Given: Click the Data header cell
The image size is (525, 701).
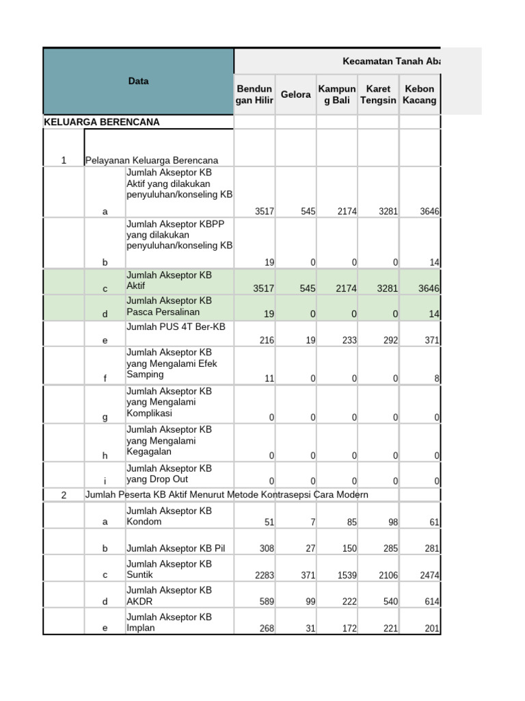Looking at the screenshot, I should tap(138, 81).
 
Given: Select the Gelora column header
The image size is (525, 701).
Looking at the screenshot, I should tap(295, 94).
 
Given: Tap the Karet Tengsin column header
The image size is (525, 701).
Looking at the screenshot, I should tap(378, 94).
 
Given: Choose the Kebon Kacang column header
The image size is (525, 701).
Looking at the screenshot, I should tap(420, 94).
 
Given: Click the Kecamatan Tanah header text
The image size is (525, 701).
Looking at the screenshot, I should tap(390, 61).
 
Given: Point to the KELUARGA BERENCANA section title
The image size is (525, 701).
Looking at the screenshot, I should tap(101, 122).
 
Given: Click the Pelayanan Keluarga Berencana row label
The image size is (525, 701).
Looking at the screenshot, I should tap(152, 160).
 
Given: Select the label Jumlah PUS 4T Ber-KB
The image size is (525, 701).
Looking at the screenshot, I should tap(176, 327).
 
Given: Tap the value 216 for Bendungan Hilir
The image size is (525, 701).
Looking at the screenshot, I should tap(264, 340).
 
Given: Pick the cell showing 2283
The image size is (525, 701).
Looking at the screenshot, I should tap(264, 575).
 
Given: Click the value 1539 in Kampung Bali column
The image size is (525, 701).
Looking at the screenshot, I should tap(347, 575).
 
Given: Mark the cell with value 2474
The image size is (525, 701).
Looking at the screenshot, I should tap(429, 575).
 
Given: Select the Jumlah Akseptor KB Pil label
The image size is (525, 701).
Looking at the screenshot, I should tap(176, 548).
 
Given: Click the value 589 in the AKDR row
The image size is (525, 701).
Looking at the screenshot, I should tap(266, 602).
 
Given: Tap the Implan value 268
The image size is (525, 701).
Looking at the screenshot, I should tap(266, 628).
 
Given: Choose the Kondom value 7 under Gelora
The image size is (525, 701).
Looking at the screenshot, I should tap(312, 522).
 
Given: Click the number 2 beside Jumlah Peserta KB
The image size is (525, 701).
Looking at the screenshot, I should tap(64, 495).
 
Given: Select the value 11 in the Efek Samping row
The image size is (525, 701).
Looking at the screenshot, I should tap(269, 378).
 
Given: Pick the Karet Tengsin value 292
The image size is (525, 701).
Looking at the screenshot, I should tap(389, 340).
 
